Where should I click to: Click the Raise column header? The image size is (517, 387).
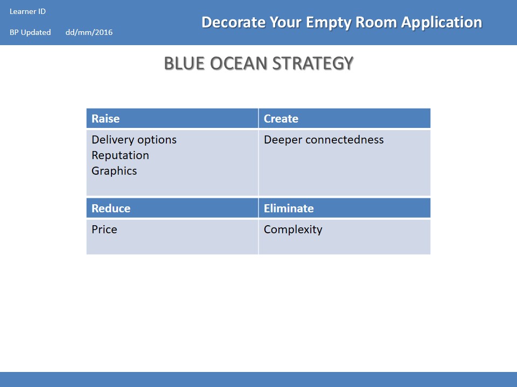click(172, 118)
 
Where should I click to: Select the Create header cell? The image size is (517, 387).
click(345, 118)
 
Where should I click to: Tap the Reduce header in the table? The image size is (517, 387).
click(172, 208)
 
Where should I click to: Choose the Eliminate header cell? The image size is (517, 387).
click(345, 208)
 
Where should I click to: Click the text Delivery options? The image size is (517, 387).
click(134, 140)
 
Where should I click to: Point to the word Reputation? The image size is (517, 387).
click(120, 155)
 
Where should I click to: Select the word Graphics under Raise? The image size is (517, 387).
click(114, 171)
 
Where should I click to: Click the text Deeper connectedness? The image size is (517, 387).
click(324, 140)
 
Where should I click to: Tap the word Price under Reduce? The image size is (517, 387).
click(104, 230)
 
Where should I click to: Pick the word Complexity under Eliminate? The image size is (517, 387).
click(293, 230)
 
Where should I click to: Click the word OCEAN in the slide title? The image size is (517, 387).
click(239, 63)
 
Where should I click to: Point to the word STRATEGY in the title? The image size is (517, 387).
click(313, 63)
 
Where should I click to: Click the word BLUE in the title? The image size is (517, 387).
click(184, 63)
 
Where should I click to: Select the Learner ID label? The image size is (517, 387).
click(27, 11)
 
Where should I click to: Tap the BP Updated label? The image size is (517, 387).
click(30, 32)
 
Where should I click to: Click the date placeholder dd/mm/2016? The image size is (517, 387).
click(89, 32)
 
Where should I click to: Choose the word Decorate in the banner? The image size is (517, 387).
click(233, 23)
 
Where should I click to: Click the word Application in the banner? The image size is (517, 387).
click(442, 23)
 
